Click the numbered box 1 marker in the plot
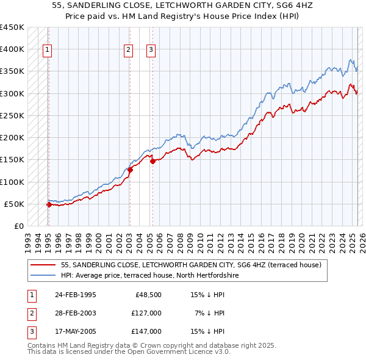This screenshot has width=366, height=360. (x=48, y=51)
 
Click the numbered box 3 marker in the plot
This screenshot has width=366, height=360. (x=151, y=51)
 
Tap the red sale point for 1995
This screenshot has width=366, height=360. (x=49, y=204)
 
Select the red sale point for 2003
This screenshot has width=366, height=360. (x=130, y=170)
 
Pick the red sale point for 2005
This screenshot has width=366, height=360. (x=152, y=161)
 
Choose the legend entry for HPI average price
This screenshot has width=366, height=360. (x=149, y=276)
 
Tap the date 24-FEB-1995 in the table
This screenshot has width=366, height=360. (x=75, y=295)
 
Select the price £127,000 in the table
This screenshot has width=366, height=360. (x=146, y=313)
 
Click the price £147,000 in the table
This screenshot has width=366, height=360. (x=146, y=331)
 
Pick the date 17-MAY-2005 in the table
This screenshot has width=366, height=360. (x=75, y=331)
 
